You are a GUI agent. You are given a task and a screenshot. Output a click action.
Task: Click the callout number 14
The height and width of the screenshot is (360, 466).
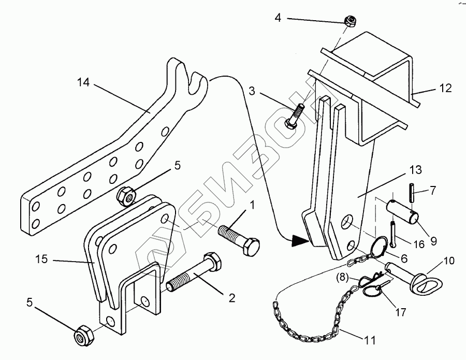pos(83,82)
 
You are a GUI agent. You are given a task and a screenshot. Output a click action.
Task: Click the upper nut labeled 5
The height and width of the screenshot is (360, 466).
pos(126,195)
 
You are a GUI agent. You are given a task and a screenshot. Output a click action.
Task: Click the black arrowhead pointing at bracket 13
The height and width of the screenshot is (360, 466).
pos(300,240)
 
